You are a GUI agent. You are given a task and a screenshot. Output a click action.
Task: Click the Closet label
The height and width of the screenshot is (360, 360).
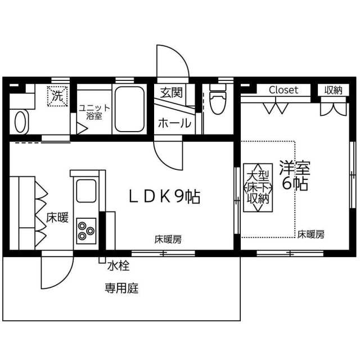pos(283,90)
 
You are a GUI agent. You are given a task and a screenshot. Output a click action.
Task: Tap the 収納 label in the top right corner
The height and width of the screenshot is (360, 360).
pos(333,90)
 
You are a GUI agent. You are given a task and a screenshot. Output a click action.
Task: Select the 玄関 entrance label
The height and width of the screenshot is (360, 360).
pos(171,92)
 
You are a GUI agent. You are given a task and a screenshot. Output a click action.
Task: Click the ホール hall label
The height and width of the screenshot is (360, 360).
pos(174,123)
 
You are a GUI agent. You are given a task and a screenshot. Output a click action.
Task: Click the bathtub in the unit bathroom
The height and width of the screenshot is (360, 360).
pos(129,109)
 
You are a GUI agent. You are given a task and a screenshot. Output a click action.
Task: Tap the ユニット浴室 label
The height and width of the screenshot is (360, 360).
pos(94,112)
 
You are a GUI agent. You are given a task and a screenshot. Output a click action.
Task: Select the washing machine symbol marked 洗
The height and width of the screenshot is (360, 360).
pos(57,96)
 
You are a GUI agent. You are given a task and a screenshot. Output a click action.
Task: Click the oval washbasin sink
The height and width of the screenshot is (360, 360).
pos(20,122)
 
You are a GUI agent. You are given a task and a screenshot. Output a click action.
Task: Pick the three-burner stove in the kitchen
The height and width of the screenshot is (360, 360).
pos(86,231)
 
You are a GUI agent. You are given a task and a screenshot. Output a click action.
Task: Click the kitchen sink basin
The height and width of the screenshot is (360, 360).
pos(86,191)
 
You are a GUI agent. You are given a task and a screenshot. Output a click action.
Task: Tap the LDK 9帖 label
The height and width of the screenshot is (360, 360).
pos(164,197)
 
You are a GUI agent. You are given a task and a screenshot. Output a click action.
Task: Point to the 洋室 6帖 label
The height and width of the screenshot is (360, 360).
pos(295,175)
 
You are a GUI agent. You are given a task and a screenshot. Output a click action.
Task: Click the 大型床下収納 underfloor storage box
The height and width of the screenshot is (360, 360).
pos(258,187)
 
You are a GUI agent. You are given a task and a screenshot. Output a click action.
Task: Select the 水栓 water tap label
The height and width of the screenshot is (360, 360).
pos(118,266)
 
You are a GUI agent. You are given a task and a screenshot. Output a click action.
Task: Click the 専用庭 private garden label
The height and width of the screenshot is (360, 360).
pos(121,288)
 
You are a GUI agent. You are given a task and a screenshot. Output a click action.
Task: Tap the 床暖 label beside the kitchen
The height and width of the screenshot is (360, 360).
pos(57,218)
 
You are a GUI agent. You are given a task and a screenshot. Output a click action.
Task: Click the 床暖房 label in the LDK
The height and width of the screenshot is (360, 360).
pos(168,240)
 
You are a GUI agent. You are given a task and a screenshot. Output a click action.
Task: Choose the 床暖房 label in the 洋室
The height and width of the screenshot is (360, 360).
pos(311,235)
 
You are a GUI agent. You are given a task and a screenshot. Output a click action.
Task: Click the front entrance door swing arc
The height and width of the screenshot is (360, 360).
pos(181,54)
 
